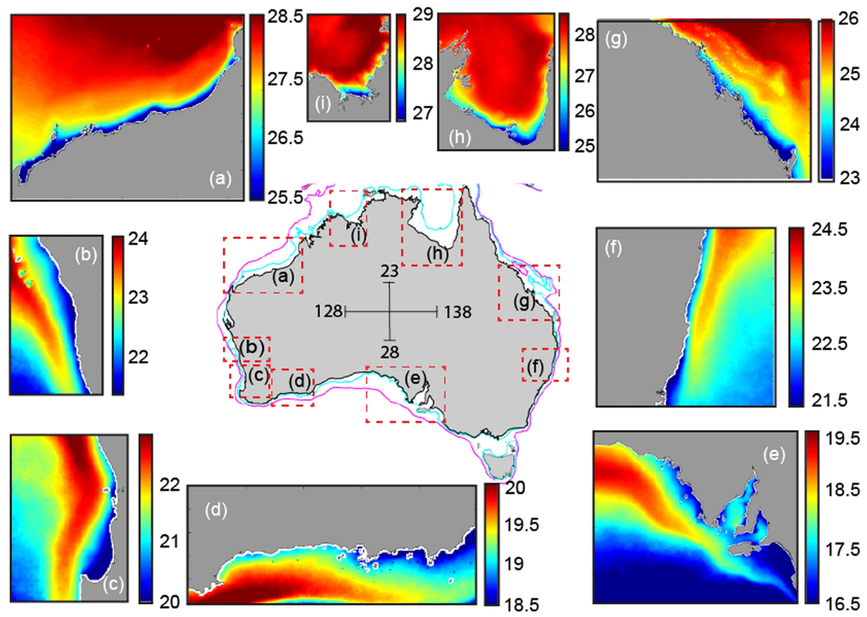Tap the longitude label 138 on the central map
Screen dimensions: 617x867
point(458,312)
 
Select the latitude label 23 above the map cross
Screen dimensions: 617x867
point(390,270)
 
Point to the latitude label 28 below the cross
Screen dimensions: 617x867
point(390,352)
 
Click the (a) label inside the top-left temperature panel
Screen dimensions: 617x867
point(219,177)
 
